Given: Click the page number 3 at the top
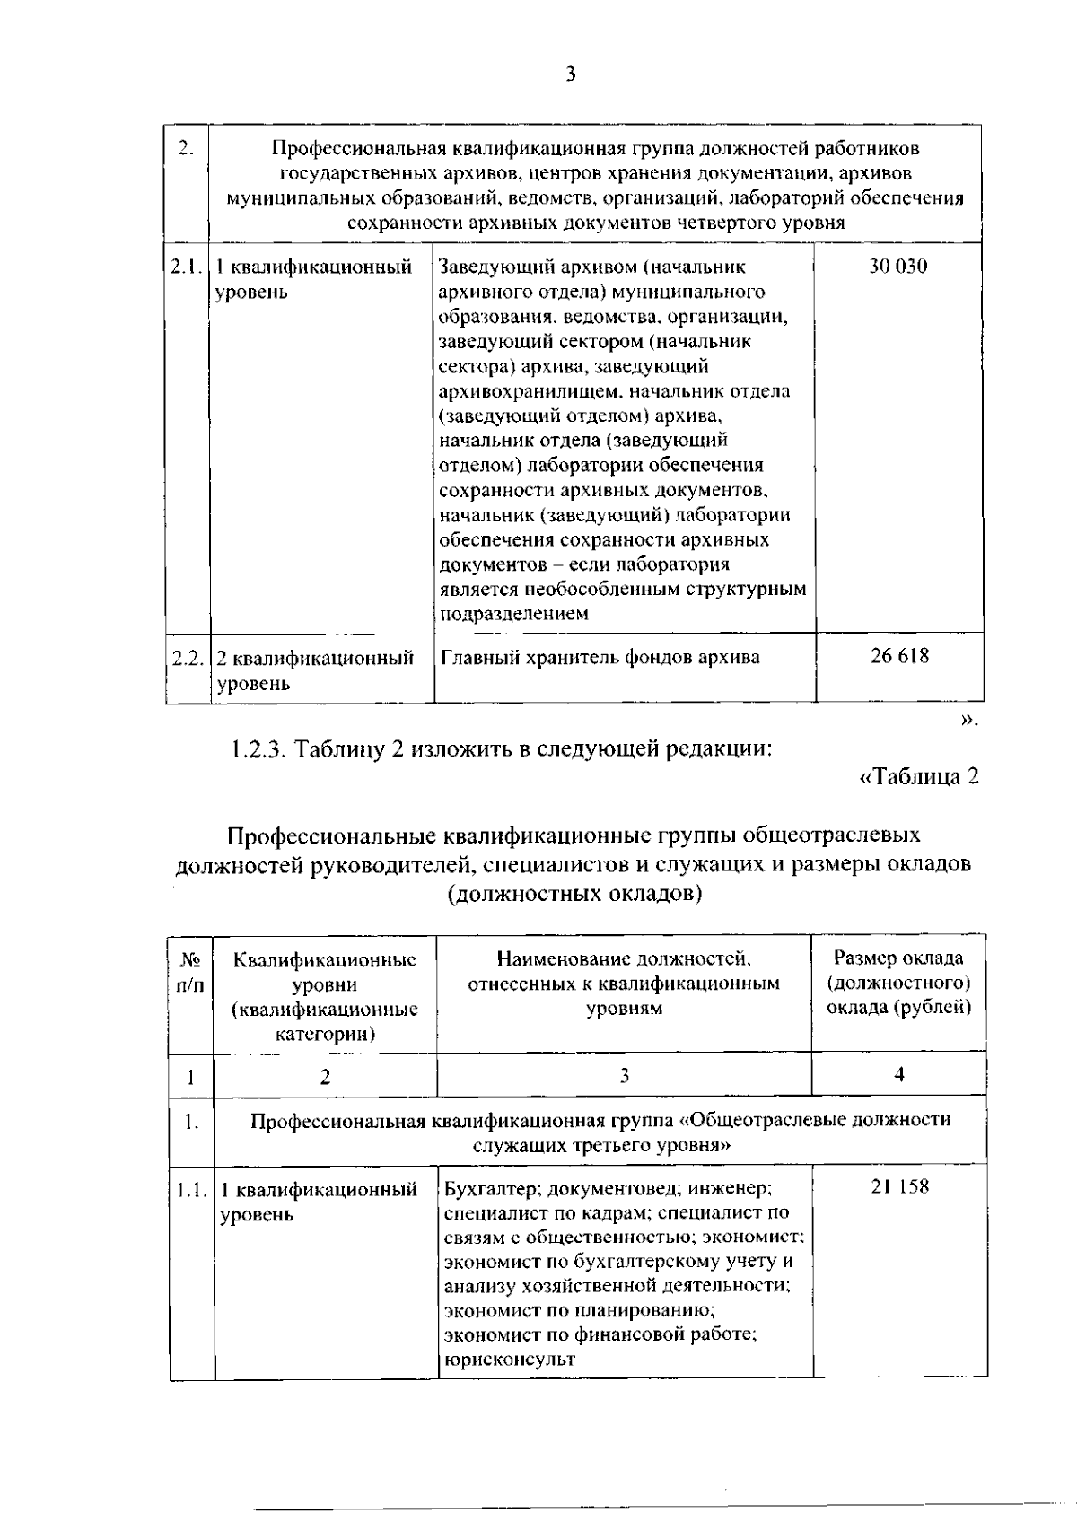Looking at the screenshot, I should (x=571, y=74).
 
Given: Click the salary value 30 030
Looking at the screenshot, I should (x=897, y=266).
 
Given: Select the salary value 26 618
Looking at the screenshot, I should (x=899, y=656).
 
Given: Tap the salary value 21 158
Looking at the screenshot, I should (x=899, y=1187).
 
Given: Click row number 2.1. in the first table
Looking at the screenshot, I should (x=187, y=267).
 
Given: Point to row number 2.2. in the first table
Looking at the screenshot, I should (x=187, y=658).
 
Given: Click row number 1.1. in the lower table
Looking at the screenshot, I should (x=191, y=1190).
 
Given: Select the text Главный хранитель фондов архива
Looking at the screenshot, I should (x=600, y=658).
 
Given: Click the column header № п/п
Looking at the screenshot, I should (x=190, y=971).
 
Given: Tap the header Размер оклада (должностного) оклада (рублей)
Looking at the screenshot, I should (x=898, y=983).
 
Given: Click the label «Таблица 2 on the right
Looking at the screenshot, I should (x=918, y=777).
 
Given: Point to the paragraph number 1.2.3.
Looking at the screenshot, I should (x=258, y=748).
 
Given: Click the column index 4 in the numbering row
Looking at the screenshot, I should (x=899, y=1075).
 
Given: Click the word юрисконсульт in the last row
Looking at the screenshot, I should (x=509, y=1360).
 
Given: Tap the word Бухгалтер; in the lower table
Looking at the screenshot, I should (x=492, y=1189).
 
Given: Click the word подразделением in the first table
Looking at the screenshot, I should (x=513, y=615).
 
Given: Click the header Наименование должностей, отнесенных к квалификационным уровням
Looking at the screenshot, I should (x=624, y=983).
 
